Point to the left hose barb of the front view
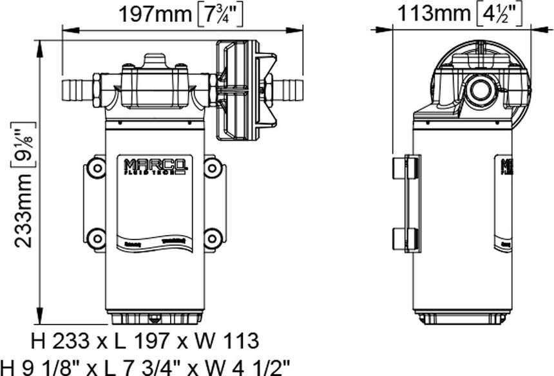(77, 89)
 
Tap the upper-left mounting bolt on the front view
(96, 169)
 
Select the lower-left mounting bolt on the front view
(96, 238)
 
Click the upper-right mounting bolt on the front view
(213, 169)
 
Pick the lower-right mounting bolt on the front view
(213, 238)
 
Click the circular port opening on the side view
(481, 91)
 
